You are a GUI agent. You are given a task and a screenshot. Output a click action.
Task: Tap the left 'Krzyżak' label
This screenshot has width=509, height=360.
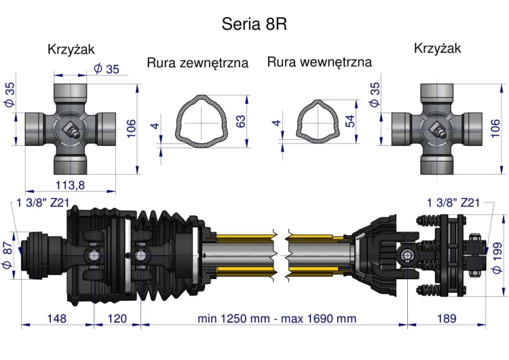tap(71, 49)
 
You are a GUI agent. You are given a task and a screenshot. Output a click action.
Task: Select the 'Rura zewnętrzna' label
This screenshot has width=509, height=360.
tap(197, 63)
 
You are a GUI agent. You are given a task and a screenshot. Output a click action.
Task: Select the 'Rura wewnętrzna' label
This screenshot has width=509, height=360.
tap(320, 62)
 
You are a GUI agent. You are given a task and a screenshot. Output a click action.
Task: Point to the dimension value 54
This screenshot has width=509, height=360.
tap(350, 122)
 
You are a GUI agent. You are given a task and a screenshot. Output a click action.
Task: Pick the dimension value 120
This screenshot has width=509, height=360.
tap(116, 318)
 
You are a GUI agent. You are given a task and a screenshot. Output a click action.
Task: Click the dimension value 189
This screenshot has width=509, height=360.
tap(445, 318)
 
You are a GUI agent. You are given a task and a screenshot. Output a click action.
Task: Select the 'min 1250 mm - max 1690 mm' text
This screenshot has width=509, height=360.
tap(276, 318)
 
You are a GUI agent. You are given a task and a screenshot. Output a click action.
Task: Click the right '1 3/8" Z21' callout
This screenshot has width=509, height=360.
tap(454, 202)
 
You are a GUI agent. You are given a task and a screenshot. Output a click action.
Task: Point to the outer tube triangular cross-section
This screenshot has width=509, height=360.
tap(202, 122)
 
